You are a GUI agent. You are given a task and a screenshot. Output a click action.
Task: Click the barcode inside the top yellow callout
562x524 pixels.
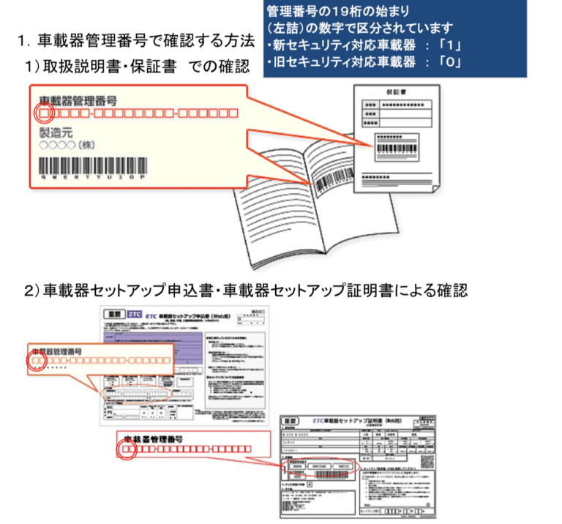click(88, 165)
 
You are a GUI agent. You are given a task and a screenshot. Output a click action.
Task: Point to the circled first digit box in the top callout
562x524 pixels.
click(44, 113)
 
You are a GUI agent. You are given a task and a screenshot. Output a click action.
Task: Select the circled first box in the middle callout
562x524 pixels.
click(37, 361)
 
